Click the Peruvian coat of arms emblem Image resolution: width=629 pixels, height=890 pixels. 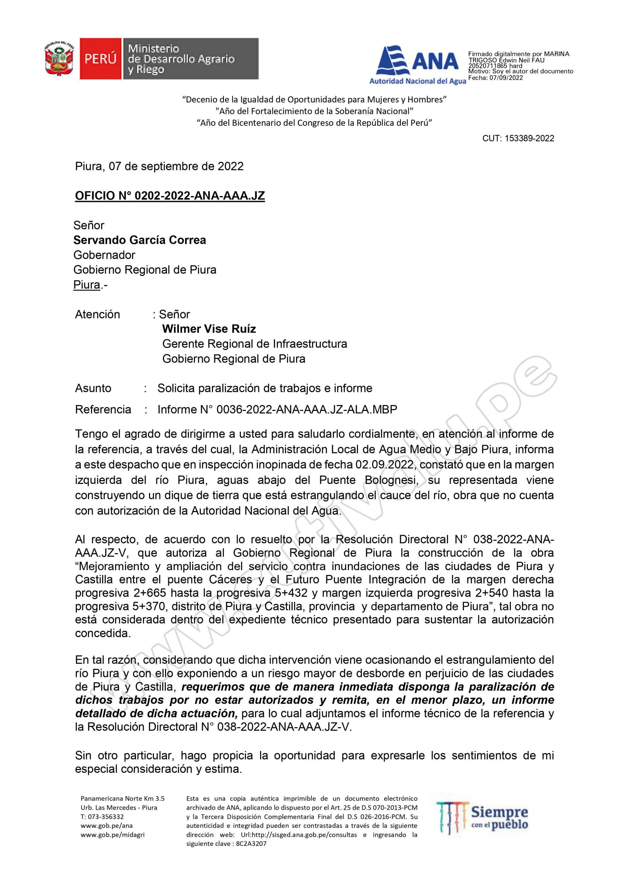click(59, 58)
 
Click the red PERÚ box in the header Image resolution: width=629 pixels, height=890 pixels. click(100, 59)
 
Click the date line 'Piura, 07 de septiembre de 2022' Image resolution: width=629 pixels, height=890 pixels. click(159, 166)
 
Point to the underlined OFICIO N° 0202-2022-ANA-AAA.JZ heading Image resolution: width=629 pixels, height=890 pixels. click(170, 196)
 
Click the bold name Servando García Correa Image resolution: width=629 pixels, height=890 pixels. click(139, 240)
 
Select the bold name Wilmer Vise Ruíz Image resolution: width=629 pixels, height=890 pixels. click(209, 329)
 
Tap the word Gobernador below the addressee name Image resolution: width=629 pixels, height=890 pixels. click(104, 255)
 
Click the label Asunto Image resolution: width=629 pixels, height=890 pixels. click(93, 388)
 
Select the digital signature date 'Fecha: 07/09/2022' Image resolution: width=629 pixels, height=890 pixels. click(496, 78)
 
